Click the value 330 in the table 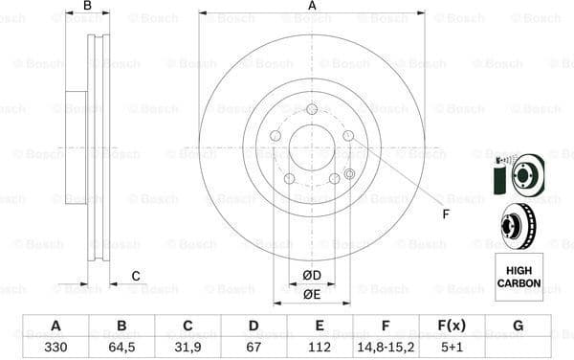(x=55, y=347)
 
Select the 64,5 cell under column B (x=121, y=347)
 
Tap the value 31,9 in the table (x=188, y=347)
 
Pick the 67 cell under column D (x=254, y=347)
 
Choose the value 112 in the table (x=320, y=347)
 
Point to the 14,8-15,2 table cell (x=386, y=347)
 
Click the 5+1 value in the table (x=452, y=347)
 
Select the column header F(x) (x=452, y=326)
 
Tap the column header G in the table (x=518, y=326)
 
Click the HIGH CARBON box (x=519, y=278)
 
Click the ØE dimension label (x=311, y=295)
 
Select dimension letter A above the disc (x=312, y=7)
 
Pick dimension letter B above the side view (x=87, y=7)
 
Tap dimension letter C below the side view (x=136, y=277)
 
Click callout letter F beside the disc (x=445, y=214)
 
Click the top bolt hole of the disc (x=312, y=109)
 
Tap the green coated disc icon (x=518, y=175)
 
